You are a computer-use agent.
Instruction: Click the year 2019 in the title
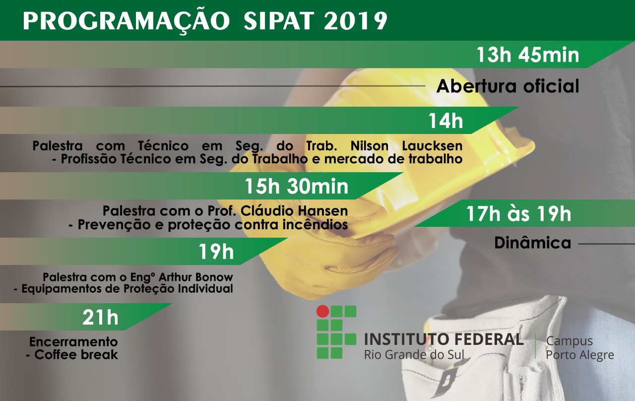tap(356, 21)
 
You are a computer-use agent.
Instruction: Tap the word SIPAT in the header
tap(279, 21)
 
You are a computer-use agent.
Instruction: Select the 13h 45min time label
tap(527, 55)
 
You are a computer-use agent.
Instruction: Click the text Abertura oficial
tap(508, 86)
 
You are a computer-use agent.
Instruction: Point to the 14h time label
tap(445, 121)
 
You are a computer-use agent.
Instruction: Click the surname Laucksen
tap(432, 146)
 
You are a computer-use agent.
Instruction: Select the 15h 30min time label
tap(296, 187)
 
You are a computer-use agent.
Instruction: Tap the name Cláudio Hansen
tap(294, 211)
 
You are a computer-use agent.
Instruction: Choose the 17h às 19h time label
tap(518, 214)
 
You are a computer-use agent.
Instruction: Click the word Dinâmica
tap(533, 243)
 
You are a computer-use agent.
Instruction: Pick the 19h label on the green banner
tap(216, 252)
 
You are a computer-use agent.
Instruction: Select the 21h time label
tap(100, 317)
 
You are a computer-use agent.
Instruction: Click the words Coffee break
tap(76, 355)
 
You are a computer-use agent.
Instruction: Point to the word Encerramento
tap(73, 342)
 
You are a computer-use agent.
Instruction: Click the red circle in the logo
tap(322, 311)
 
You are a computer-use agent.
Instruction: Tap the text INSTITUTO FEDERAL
tap(444, 339)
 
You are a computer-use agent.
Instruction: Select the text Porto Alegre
tap(580, 355)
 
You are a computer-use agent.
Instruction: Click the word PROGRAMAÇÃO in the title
tap(126, 21)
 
